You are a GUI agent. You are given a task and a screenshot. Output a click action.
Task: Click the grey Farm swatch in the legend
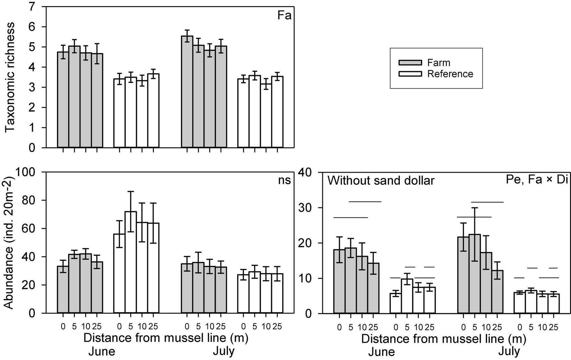click(410, 62)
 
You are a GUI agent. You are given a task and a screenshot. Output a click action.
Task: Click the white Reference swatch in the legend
click(410, 74)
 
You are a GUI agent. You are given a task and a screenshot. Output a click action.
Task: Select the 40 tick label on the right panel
click(311, 172)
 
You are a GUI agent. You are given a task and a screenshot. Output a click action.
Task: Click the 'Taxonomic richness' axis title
click(11, 77)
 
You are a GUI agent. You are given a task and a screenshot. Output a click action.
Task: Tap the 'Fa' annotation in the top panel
click(284, 15)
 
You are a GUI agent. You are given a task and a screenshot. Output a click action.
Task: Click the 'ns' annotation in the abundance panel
click(284, 180)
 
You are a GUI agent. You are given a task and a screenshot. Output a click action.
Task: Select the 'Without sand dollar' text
click(381, 181)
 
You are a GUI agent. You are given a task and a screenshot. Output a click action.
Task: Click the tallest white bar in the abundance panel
click(131, 262)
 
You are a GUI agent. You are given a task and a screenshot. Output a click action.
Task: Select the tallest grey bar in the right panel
click(475, 274)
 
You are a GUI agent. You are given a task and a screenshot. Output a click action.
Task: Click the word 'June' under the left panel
click(102, 351)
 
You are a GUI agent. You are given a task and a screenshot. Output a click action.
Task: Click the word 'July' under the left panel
click(224, 351)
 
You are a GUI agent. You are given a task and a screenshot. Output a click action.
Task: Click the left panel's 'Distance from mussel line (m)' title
click(166, 338)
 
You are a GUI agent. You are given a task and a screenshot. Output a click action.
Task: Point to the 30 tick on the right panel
click(311, 208)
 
